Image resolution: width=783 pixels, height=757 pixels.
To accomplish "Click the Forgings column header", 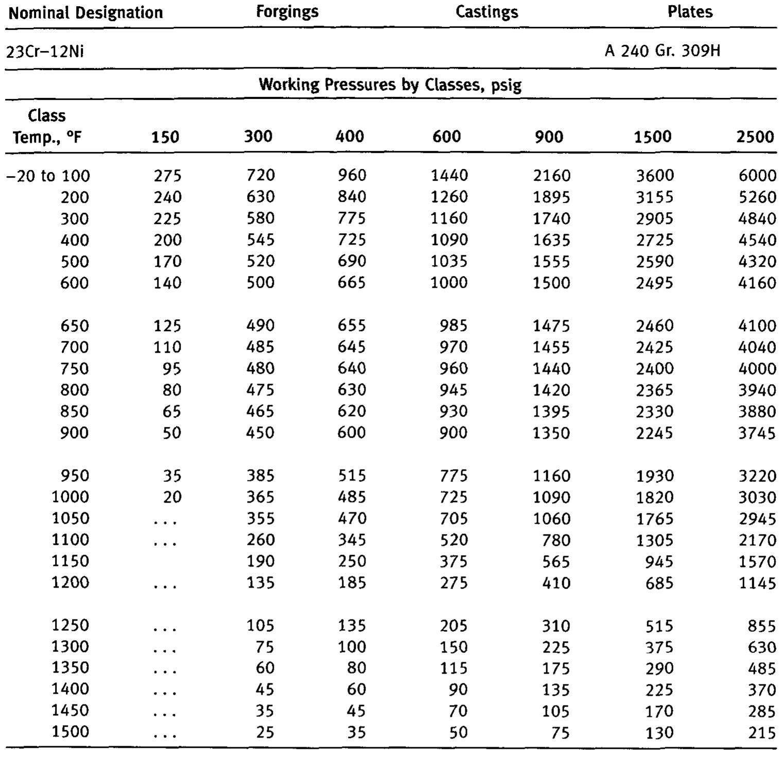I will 287,12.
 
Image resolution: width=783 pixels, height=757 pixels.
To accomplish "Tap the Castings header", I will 486,12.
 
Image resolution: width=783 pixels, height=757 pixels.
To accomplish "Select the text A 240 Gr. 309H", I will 662,51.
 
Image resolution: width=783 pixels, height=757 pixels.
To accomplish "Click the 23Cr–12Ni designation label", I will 45,51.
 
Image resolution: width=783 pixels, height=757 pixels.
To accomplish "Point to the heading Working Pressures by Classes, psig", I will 390,84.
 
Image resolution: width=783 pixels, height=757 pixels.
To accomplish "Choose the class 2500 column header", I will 755,136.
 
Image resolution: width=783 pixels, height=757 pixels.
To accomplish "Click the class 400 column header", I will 350,136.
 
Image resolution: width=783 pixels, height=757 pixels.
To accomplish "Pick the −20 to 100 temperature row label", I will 48,176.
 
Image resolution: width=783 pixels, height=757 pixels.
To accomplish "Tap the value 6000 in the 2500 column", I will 757,176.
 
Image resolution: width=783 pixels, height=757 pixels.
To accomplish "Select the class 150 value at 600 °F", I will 167,283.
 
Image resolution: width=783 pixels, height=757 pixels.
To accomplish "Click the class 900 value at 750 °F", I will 551,369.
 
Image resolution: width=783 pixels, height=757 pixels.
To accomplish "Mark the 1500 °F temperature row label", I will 70,731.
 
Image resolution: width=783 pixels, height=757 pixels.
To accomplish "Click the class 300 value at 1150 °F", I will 260,561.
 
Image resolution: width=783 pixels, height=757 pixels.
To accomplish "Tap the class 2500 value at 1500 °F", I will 761,732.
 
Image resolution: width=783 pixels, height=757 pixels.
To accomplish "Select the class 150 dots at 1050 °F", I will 165,521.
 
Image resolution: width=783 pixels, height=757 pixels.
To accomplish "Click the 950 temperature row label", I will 75,475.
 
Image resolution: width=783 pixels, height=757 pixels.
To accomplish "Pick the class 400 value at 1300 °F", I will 352,646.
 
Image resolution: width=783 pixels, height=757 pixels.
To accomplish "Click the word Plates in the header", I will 690,12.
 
